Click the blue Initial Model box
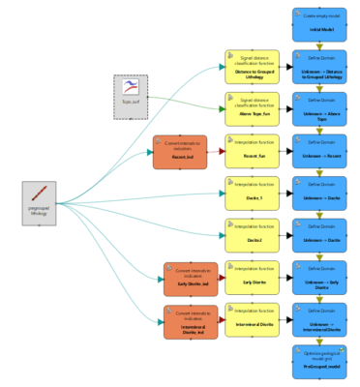(x=319, y=24)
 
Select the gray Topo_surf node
(x=131, y=96)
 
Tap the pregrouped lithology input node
(x=41, y=203)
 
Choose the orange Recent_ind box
(x=179, y=152)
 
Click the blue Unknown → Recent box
(x=319, y=151)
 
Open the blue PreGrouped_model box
(x=319, y=363)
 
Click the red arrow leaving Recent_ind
(x=216, y=152)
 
